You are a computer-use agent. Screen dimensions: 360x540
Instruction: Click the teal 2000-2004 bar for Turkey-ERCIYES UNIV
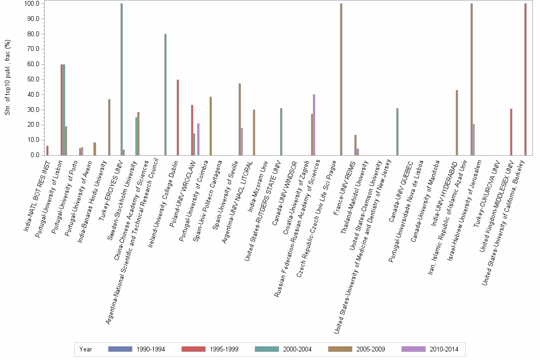[121, 79]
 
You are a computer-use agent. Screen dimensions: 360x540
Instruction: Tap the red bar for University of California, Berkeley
[525, 79]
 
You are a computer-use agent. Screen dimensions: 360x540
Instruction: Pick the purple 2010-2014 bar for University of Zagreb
[314, 125]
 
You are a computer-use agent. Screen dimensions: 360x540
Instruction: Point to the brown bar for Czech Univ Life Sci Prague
[341, 79]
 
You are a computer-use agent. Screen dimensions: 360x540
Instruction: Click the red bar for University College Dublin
[178, 117]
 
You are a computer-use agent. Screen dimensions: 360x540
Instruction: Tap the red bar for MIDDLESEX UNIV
[511, 132]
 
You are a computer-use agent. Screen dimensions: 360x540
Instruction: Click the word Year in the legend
[86, 349]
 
